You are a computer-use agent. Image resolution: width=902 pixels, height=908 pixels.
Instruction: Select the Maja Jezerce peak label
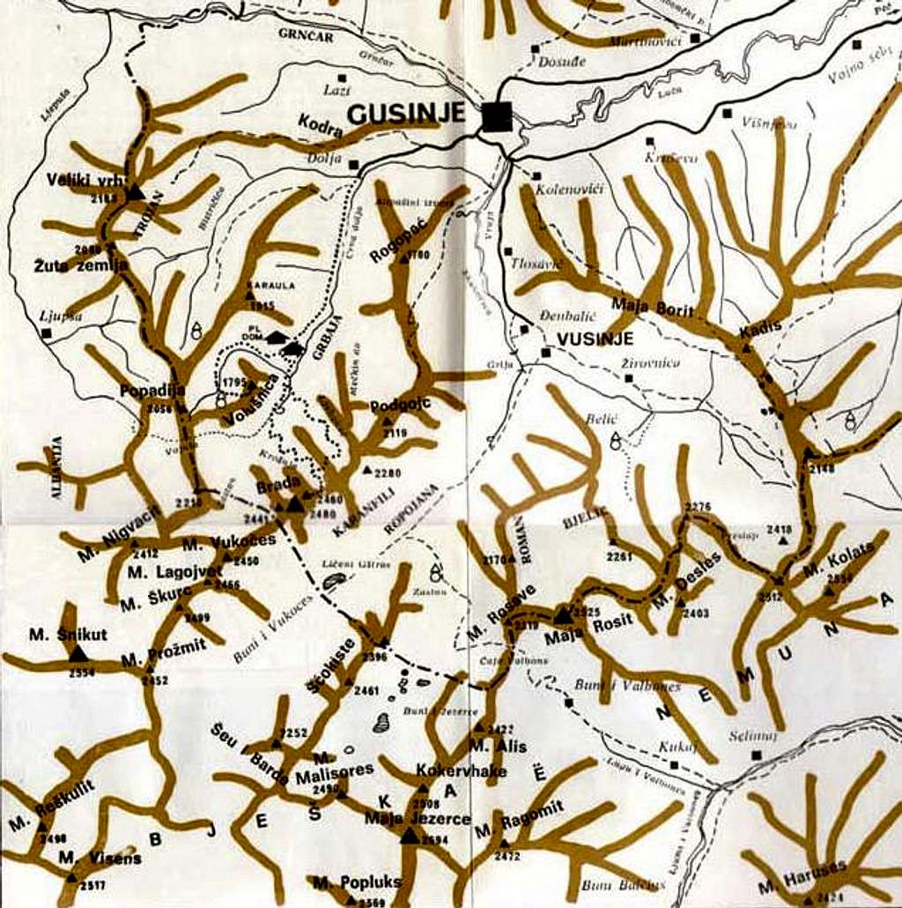click(418, 818)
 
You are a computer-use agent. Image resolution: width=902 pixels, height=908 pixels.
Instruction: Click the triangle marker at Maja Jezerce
click(408, 835)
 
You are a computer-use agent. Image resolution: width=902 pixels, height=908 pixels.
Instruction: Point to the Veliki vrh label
click(85, 180)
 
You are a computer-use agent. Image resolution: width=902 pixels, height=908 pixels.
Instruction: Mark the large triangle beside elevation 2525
click(563, 614)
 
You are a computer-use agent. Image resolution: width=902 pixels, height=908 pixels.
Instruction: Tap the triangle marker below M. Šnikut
click(78, 653)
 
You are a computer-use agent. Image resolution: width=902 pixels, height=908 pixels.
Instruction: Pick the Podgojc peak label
click(401, 406)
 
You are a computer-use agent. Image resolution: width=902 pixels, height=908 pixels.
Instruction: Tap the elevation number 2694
click(435, 840)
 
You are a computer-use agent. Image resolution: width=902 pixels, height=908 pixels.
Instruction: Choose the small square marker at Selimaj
click(755, 755)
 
